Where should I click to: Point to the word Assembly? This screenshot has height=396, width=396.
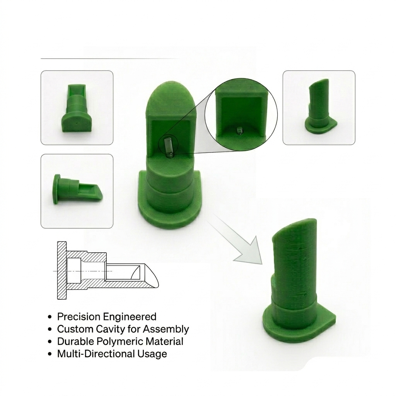[166, 329]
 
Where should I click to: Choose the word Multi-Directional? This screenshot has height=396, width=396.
[96, 354]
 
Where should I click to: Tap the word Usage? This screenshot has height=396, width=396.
[152, 354]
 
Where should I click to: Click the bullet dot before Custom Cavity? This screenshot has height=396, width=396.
[50, 329]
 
